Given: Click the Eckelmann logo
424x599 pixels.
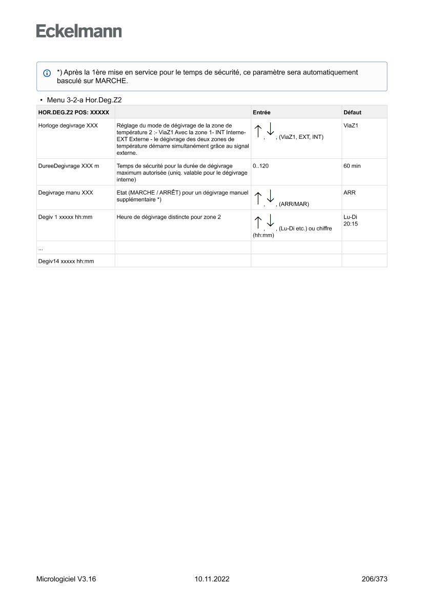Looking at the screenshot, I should click(x=79, y=31).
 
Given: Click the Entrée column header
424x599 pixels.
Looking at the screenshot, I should click(x=261, y=112).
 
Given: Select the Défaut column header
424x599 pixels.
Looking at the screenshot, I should click(x=352, y=112).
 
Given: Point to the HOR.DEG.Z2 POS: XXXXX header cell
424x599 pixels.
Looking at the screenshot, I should click(x=74, y=112).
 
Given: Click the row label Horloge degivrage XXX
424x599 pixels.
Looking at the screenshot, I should click(x=68, y=125).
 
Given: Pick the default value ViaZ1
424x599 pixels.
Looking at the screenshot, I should click(x=351, y=125).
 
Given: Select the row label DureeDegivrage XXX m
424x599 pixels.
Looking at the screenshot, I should click(x=69, y=166).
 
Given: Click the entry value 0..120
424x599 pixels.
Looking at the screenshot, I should click(x=260, y=166).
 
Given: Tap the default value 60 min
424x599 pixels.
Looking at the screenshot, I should click(x=353, y=166).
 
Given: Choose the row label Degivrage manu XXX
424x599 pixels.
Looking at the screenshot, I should click(x=66, y=193).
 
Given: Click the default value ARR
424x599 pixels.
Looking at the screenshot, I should click(x=349, y=193).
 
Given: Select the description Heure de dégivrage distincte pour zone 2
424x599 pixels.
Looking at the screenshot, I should click(x=169, y=217).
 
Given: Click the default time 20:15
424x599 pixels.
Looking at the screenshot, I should click(x=351, y=223).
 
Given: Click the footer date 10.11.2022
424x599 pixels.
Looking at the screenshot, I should click(x=212, y=580).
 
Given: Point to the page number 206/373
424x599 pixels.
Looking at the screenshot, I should click(x=374, y=580).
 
